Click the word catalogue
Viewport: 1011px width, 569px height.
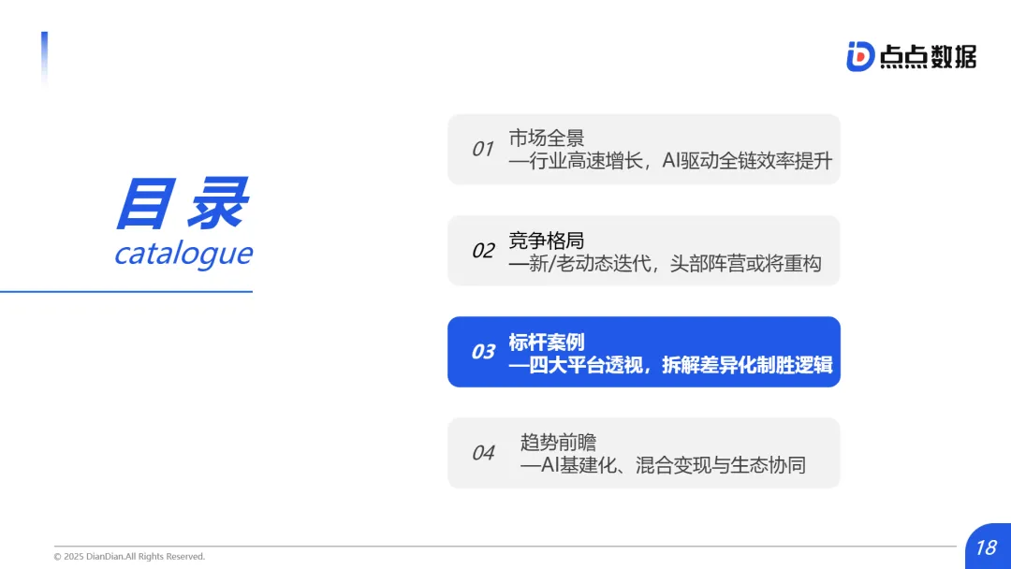point(183,254)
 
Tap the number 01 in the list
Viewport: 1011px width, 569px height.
point(482,149)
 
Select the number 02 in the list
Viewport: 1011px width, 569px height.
point(483,251)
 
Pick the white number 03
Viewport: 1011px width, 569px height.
point(483,352)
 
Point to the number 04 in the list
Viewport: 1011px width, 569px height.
point(483,453)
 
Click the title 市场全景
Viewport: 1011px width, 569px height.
point(547,139)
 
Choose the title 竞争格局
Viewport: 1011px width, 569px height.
point(547,241)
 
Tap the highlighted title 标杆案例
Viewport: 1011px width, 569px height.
point(547,342)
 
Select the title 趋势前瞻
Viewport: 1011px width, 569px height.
point(558,443)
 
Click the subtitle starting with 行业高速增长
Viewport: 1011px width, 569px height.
point(670,161)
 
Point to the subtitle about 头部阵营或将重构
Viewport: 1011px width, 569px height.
point(665,264)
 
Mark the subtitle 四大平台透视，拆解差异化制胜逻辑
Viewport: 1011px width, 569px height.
point(670,365)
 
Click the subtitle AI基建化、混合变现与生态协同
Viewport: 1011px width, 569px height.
point(663,465)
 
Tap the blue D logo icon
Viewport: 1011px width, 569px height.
point(859,56)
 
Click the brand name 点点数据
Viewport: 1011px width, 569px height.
point(928,57)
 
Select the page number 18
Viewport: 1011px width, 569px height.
point(986,547)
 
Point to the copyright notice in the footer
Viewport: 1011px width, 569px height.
point(129,557)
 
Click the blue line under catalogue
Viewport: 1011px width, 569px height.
point(126,291)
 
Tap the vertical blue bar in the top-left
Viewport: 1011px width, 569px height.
point(44,58)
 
